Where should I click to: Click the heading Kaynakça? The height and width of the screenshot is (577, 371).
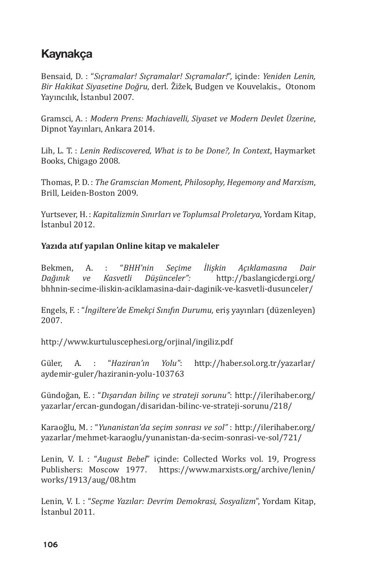coord(66,54)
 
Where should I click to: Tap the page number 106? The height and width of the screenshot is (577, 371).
coord(50,544)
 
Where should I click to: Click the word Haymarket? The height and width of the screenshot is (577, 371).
coord(295,151)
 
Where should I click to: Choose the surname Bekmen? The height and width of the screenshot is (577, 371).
coord(56,268)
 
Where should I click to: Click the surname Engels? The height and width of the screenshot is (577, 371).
coord(53,310)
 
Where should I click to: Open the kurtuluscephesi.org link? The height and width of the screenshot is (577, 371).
coord(137,342)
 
